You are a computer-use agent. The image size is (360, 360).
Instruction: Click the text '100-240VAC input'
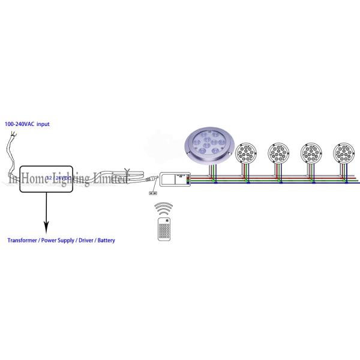tap(27, 124)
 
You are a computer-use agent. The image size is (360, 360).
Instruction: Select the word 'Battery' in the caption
tap(104, 240)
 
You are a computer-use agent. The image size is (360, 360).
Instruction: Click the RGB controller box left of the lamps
tap(175, 179)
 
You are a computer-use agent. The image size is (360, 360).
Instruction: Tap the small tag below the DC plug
tap(152, 193)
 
